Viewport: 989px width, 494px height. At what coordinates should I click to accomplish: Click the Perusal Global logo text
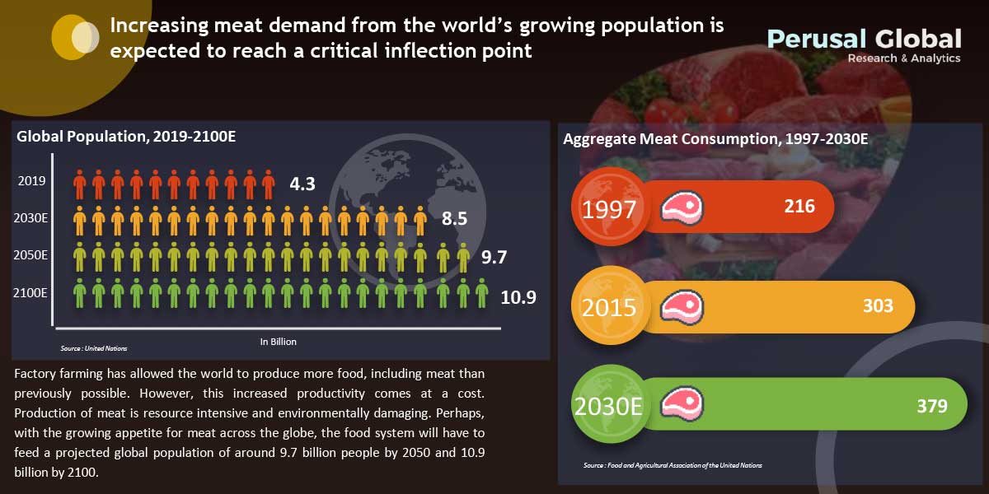864,39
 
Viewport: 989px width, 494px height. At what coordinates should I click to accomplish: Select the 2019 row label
31,181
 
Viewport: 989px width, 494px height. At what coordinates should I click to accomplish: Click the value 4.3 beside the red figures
302,183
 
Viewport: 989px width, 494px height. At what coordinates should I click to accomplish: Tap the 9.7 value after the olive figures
493,258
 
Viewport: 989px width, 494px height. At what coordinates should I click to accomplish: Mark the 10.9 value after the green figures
518,296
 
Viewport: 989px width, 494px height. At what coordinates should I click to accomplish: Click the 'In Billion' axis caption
278,341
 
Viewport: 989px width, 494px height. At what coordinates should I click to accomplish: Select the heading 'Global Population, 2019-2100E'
126,137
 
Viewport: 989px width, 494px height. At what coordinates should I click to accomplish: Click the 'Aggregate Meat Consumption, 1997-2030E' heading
715,139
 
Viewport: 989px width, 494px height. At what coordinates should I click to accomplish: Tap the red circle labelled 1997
609,209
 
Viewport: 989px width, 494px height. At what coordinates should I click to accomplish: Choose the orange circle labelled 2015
609,308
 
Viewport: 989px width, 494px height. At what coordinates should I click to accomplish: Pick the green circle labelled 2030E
609,406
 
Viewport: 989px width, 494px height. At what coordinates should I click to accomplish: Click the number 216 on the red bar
799,206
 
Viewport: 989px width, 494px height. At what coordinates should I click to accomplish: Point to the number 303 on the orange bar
878,305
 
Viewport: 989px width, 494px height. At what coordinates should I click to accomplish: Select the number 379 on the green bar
931,405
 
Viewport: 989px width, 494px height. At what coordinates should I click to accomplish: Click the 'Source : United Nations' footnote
94,348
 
